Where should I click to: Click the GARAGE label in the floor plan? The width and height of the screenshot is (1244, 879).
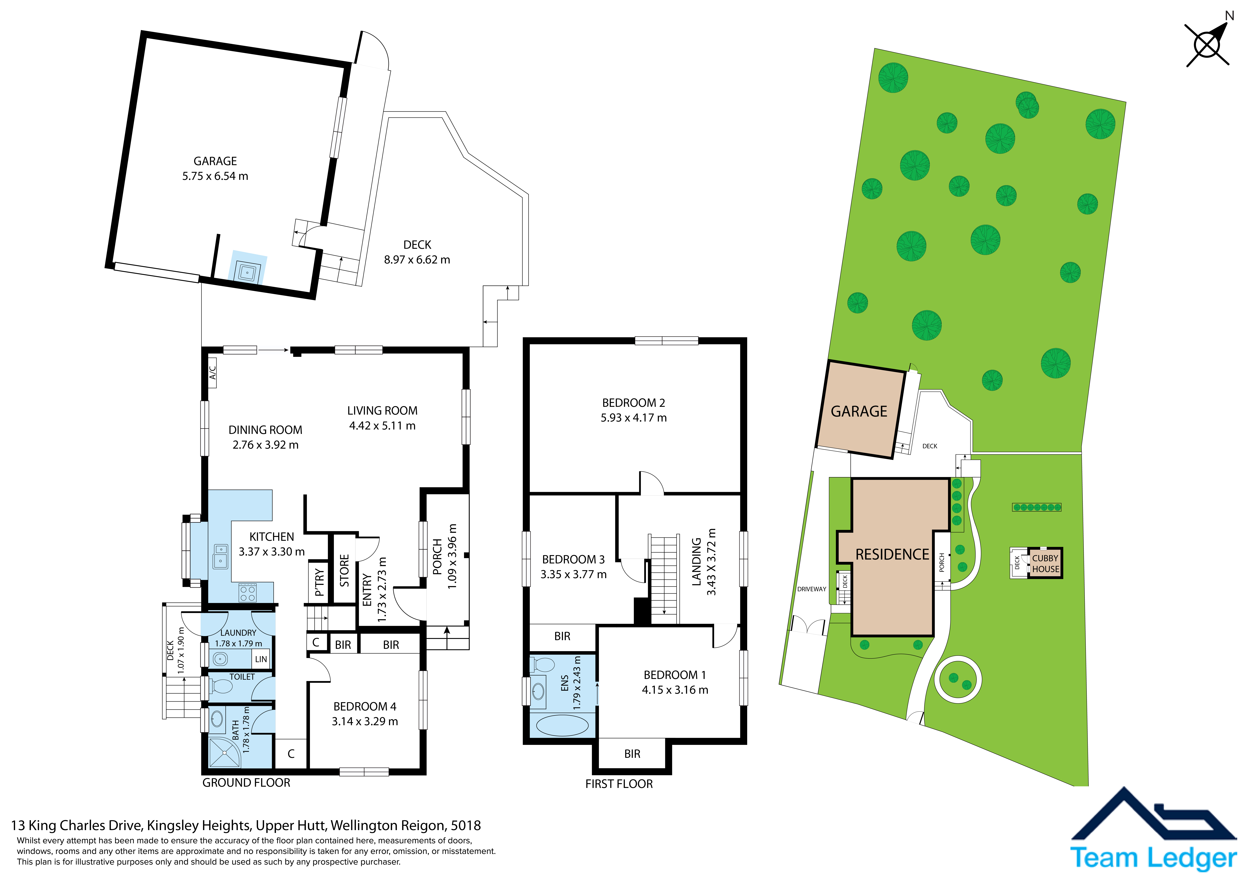[x=215, y=161]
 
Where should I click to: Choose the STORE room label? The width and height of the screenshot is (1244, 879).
[x=344, y=570]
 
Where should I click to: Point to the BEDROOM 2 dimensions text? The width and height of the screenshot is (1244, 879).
[x=633, y=418]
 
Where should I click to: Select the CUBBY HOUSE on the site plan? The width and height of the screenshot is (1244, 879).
[x=1045, y=563]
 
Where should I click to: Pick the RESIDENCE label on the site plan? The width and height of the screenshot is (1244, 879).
[x=892, y=555]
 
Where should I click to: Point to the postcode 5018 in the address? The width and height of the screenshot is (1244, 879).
[x=466, y=825]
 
